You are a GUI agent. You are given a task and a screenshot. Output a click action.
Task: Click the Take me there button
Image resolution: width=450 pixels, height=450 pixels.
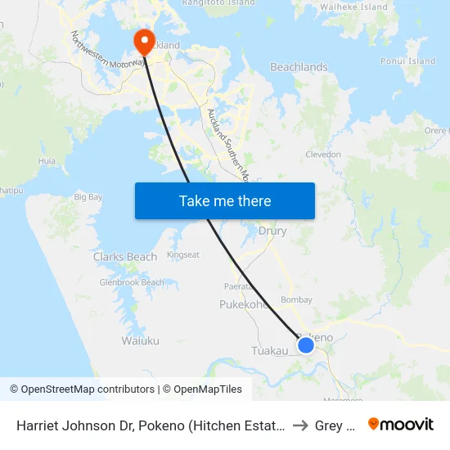click(225, 201)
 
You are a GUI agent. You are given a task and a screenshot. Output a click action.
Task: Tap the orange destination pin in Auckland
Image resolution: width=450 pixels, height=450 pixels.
click(145, 41)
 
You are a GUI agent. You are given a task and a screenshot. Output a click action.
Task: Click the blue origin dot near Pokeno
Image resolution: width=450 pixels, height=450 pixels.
click(306, 345)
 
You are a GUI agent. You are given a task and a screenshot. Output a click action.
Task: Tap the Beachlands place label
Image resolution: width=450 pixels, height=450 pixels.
click(299, 67)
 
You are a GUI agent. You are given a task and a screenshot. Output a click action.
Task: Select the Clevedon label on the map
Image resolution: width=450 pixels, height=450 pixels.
click(322, 154)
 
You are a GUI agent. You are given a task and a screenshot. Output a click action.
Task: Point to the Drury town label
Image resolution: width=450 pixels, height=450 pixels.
click(272, 231)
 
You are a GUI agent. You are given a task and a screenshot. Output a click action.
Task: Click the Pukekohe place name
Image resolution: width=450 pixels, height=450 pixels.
click(243, 304)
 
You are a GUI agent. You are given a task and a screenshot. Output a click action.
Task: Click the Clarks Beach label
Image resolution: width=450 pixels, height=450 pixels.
click(125, 257)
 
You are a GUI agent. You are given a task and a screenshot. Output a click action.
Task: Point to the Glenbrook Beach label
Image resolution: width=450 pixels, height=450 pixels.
click(132, 282)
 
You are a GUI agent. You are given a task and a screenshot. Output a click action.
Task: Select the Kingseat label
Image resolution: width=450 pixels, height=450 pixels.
click(183, 254)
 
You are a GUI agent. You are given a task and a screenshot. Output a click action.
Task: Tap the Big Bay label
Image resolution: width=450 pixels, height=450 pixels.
click(88, 197)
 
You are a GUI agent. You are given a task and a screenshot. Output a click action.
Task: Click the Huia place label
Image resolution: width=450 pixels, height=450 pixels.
click(47, 161)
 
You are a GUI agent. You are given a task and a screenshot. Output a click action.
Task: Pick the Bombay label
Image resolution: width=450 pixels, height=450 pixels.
click(296, 300)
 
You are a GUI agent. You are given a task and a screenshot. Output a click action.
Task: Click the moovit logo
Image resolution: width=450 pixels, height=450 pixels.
click(400, 425)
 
